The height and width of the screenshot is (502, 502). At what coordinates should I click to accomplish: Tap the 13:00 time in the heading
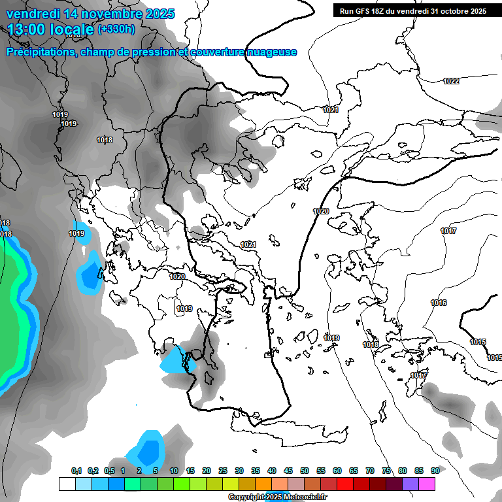29,29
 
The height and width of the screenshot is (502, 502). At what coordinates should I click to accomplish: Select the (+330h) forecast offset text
116,29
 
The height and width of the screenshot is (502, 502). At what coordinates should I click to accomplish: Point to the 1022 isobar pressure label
451,81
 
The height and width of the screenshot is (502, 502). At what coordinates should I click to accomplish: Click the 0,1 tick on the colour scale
76,471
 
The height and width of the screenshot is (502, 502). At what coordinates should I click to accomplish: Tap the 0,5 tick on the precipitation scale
109,471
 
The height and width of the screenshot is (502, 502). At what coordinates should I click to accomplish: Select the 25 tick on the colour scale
223,471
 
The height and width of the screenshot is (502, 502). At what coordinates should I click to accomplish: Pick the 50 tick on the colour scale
305,471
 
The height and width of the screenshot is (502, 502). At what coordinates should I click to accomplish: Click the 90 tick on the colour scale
435,471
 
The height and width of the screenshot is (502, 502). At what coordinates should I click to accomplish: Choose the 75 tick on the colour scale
386,471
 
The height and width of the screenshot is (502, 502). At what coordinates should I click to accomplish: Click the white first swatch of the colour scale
67,484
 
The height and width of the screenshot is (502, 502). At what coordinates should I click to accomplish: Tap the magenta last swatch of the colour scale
427,484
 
